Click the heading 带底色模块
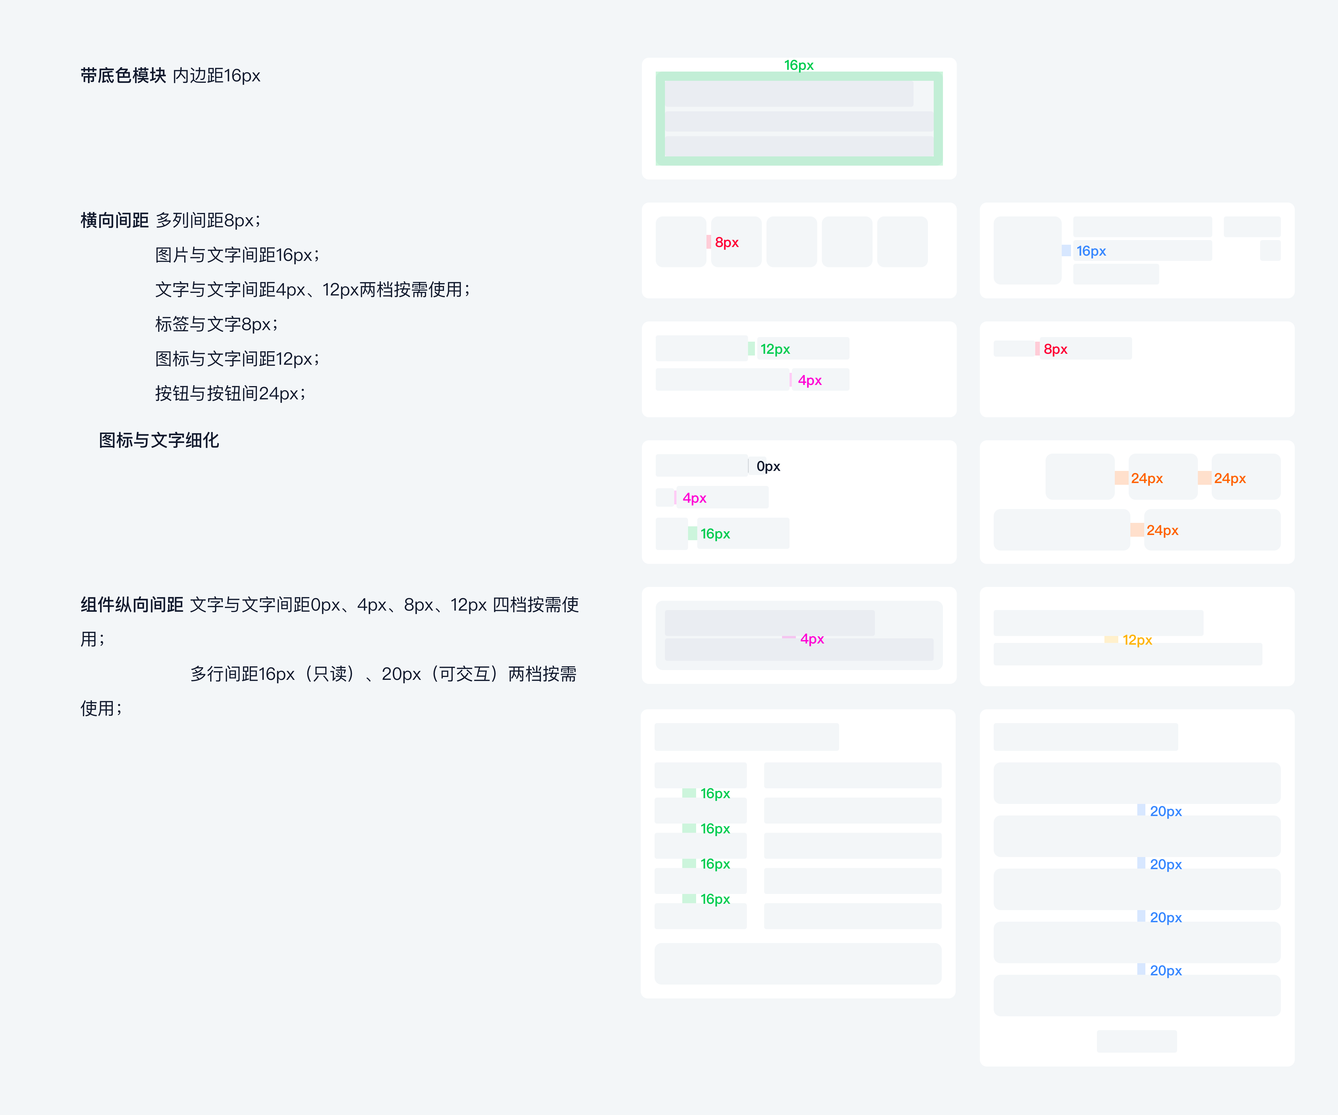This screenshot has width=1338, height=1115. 123,76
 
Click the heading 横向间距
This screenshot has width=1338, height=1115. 115,220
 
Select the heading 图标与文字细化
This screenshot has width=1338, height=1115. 159,441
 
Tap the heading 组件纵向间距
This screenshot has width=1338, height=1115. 132,605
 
